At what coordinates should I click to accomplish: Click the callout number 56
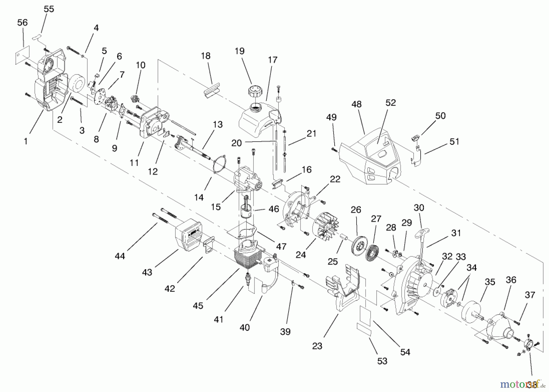tap(22, 23)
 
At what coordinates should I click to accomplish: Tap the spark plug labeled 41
tap(248, 278)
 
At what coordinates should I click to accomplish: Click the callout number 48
tap(356, 104)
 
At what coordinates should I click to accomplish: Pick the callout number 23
tap(317, 346)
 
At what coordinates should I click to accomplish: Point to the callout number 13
tap(217, 124)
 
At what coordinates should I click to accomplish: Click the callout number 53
tap(382, 361)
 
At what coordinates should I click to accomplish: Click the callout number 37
tap(530, 295)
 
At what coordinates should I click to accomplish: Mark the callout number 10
tap(140, 65)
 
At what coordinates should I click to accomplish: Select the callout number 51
tap(454, 141)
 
